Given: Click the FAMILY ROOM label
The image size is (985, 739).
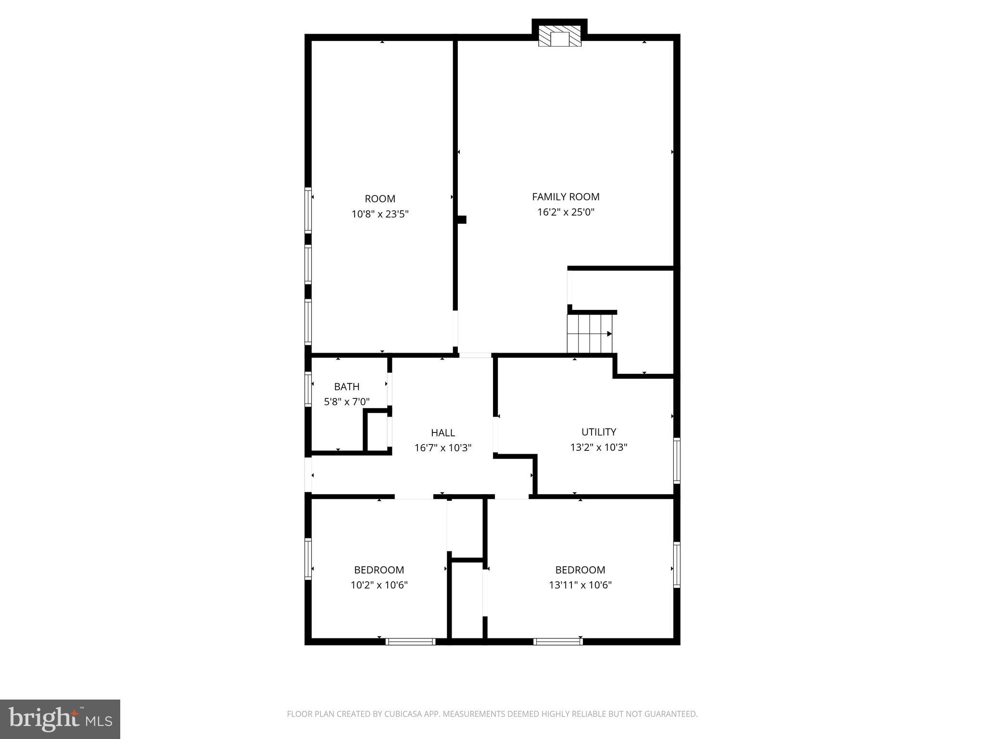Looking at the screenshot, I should (566, 197).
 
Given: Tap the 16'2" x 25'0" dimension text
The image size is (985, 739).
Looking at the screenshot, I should (566, 212).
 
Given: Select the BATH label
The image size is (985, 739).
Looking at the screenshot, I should (347, 387).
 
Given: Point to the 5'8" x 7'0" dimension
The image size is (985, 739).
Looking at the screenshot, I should (347, 402).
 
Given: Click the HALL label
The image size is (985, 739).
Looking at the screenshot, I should (443, 433).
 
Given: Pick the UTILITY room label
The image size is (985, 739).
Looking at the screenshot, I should (599, 432).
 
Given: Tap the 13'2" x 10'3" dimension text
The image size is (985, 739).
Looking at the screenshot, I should (599, 447).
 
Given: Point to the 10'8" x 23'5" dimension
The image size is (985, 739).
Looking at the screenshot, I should (380, 214).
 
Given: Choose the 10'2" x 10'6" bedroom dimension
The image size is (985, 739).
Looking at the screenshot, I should (379, 586).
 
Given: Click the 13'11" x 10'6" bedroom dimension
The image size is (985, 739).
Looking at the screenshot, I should (580, 586).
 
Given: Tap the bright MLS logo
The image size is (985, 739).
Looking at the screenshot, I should (60, 719).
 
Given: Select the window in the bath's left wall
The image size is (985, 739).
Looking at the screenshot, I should (308, 389).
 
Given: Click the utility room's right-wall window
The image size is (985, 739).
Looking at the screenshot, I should (677, 460).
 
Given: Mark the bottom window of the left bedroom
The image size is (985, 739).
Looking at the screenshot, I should (410, 641).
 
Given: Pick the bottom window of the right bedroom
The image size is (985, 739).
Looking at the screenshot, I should (558, 641).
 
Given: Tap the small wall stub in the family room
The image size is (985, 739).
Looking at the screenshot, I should (462, 220).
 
